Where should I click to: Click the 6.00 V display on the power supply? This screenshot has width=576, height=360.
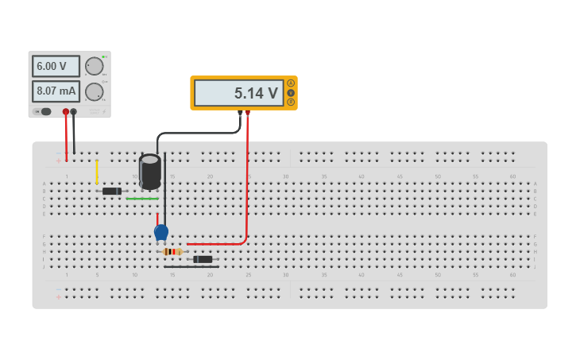56,66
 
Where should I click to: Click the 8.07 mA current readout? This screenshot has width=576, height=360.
56,91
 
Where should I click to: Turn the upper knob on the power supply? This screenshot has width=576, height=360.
94,66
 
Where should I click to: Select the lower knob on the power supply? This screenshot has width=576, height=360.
94,91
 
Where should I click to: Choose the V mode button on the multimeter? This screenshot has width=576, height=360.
291,92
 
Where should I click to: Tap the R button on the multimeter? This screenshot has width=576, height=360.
291,102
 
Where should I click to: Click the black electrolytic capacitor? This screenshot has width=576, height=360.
149,171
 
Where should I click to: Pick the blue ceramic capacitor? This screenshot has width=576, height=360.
161,232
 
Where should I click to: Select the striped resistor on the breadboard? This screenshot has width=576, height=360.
172,252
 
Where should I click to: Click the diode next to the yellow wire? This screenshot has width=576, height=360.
111,191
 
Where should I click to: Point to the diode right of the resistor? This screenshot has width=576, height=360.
203,259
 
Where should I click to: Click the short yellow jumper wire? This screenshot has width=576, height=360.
97,171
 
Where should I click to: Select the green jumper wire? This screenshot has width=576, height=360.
142,199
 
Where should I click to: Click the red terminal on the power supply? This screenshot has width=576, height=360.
66,112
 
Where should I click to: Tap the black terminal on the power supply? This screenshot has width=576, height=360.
74,112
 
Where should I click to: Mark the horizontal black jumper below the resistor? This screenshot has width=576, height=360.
191,267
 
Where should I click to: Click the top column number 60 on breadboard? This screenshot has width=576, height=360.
513,176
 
